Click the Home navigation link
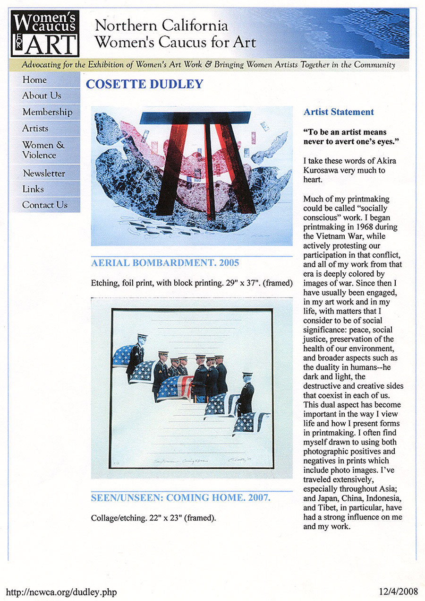(x=34, y=80)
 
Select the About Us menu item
(x=42, y=96)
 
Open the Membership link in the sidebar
(x=47, y=112)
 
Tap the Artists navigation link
(x=35, y=128)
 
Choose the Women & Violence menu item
(x=43, y=149)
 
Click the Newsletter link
(x=44, y=173)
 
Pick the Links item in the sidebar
(x=33, y=189)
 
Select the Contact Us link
(x=45, y=205)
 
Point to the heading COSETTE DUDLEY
(x=144, y=85)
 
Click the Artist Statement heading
(x=339, y=112)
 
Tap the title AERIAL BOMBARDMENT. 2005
(x=165, y=263)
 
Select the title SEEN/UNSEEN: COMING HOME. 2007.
(x=180, y=498)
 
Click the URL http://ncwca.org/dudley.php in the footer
(x=61, y=592)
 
